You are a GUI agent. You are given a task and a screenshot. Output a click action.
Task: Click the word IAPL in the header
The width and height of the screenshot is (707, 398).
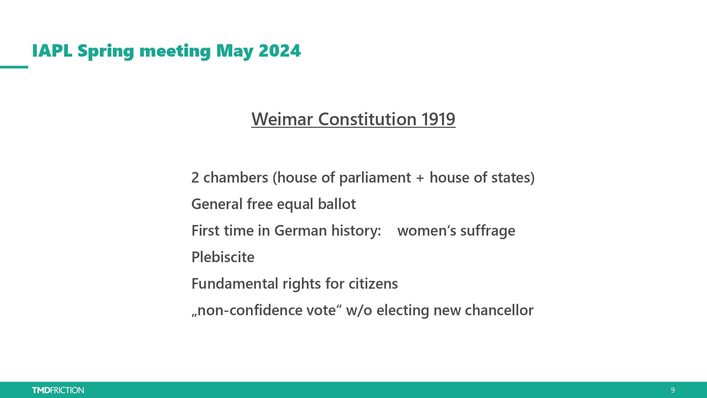pos(52,51)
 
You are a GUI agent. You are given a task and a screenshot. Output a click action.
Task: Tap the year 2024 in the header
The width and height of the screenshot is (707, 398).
pos(280,51)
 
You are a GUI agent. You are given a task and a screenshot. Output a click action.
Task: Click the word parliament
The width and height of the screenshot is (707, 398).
pos(375,178)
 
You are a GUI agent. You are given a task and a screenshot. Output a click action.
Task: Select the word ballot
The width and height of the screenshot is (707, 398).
pos(337,204)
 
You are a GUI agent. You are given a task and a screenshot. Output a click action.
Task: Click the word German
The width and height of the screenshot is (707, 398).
pos(300,231)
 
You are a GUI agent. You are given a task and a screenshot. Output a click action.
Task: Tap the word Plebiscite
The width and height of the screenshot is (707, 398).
pos(223,257)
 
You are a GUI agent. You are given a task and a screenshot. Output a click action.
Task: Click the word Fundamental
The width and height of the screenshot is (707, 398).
pos(235,284)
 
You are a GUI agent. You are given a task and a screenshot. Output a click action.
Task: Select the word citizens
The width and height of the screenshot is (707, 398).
pos(373,284)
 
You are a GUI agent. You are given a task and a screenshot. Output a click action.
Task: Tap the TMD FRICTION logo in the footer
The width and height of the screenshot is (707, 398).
pos(58,390)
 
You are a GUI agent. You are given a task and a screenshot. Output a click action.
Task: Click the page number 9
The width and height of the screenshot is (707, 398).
pos(673,390)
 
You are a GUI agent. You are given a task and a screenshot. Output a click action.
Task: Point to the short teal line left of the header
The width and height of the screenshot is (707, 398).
pos(14,67)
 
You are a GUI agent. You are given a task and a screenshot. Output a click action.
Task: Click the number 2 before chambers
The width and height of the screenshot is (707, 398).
pos(195,178)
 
